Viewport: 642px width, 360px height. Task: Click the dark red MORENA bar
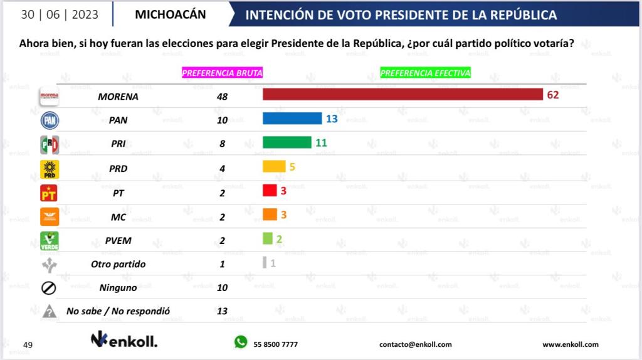click(x=402, y=95)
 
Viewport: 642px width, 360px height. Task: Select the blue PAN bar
click(x=292, y=119)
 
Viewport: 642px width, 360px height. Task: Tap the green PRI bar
click(x=287, y=142)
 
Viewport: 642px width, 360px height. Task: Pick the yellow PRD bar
click(x=274, y=166)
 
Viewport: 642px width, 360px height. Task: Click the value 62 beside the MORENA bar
click(x=552, y=95)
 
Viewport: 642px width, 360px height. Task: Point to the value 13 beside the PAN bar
click(x=332, y=119)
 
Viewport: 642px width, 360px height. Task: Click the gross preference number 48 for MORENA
click(x=222, y=97)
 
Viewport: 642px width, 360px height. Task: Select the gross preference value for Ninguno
click(x=222, y=287)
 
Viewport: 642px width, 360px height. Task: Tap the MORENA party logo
click(x=49, y=97)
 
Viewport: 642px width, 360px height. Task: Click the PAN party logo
click(x=49, y=120)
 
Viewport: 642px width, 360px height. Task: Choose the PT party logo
click(x=49, y=192)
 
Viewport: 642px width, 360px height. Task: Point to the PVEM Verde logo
click(x=49, y=240)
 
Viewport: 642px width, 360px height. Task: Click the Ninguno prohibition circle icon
click(x=49, y=287)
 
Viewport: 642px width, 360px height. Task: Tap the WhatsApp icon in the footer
click(x=241, y=342)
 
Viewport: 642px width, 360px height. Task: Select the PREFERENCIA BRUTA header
click(x=222, y=73)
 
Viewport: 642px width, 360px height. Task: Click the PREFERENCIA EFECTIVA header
click(x=425, y=73)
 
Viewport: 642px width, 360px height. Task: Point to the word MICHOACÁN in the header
click(x=170, y=14)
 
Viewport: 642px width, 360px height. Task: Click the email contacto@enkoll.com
click(x=416, y=344)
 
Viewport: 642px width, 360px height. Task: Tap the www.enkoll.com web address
click(x=570, y=344)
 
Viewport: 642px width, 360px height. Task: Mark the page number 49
click(x=28, y=345)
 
